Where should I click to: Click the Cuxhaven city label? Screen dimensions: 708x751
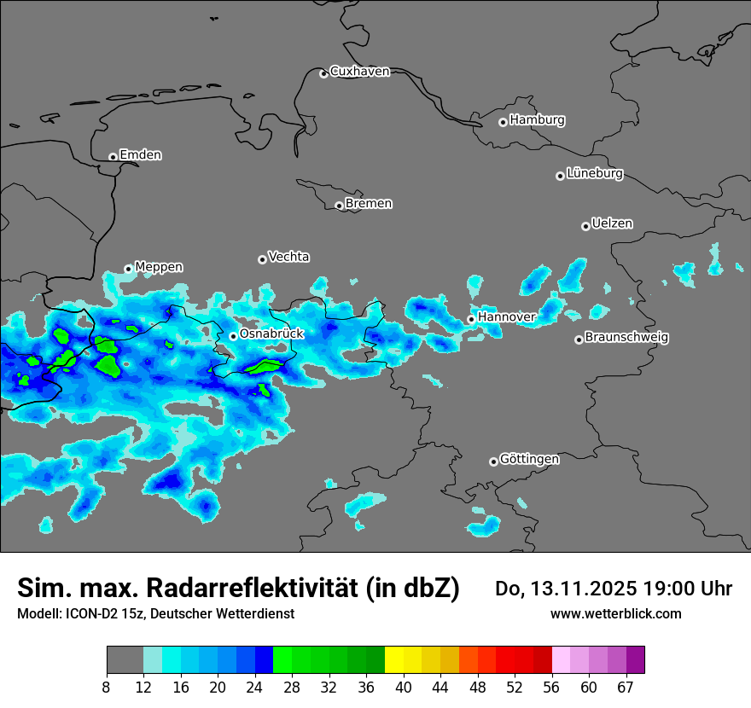pyautogui.click(x=359, y=72)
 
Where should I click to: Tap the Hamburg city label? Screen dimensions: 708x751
pyautogui.click(x=537, y=120)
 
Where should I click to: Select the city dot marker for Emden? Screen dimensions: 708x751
pyautogui.click(x=113, y=157)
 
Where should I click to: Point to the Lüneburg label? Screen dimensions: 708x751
pyautogui.click(x=595, y=174)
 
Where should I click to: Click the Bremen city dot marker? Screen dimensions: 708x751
pyautogui.click(x=339, y=206)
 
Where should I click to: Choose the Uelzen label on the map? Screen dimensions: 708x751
pyautogui.click(x=612, y=224)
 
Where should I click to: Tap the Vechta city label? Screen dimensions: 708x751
pyautogui.click(x=288, y=257)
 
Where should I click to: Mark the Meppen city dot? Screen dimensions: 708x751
pyautogui.click(x=128, y=269)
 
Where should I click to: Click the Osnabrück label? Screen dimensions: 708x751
pyautogui.click(x=271, y=334)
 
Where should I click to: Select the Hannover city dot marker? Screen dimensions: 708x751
pyautogui.click(x=471, y=319)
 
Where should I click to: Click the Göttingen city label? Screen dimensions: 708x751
pyautogui.click(x=529, y=460)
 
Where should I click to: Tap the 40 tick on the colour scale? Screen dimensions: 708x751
pyautogui.click(x=404, y=687)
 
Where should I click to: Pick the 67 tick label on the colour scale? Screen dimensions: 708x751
pyautogui.click(x=626, y=687)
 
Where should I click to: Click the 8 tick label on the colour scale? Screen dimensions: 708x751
pyautogui.click(x=107, y=687)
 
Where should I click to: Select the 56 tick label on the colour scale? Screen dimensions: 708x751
pyautogui.click(x=552, y=687)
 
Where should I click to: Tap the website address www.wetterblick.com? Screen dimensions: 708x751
pyautogui.click(x=615, y=613)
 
